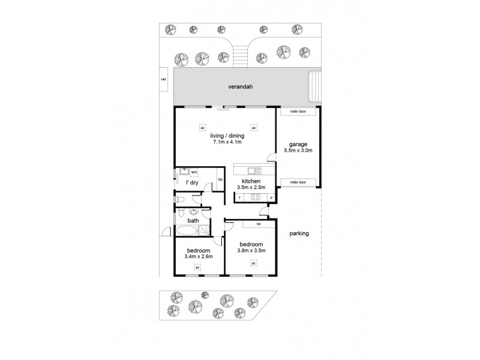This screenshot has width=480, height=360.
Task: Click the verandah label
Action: tap(240, 87)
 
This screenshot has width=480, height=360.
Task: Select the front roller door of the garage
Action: tap(298, 112)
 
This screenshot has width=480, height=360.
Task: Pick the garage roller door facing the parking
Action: tap(298, 182)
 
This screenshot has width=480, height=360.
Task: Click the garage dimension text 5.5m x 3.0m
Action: tap(298, 151)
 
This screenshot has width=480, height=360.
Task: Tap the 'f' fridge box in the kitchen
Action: tap(239, 197)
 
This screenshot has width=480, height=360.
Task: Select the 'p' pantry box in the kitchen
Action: tap(271, 197)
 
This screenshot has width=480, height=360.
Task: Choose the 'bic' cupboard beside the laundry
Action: tap(220, 179)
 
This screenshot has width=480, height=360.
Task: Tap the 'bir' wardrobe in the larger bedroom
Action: tap(258, 224)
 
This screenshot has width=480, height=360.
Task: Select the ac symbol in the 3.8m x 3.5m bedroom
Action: tap(254, 262)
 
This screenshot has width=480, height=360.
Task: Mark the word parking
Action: tap(298, 233)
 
